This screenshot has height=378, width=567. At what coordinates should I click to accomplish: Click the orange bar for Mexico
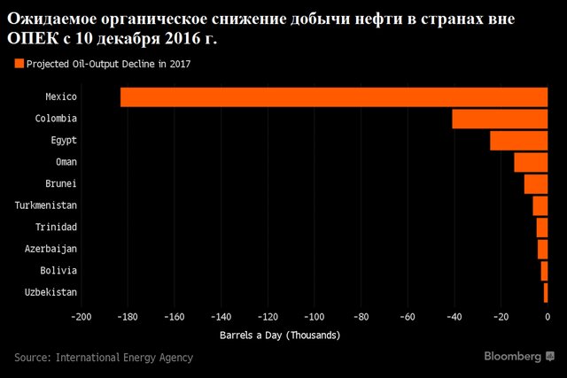pyautogui.click(x=334, y=96)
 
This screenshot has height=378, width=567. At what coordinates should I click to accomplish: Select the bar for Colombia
pyautogui.click(x=500, y=119)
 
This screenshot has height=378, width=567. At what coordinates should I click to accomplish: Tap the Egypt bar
pyautogui.click(x=519, y=140)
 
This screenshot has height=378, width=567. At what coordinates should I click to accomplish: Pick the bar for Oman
pyautogui.click(x=531, y=162)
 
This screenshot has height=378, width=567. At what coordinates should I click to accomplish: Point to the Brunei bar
pyautogui.click(x=536, y=183)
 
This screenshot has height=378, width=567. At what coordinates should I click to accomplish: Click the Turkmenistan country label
pyautogui.click(x=46, y=205)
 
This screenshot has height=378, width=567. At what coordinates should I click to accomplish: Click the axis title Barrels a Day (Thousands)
pyautogui.click(x=279, y=336)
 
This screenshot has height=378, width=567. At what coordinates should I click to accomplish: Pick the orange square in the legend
pyautogui.click(x=18, y=63)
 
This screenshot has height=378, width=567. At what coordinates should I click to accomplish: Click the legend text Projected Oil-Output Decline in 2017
pyautogui.click(x=108, y=63)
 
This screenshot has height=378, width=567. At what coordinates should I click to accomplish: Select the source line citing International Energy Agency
pyautogui.click(x=104, y=358)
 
